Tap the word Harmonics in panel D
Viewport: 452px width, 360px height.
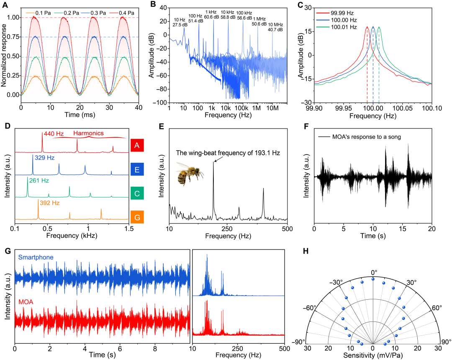point(88,134)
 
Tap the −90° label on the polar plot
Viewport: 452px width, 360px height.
point(300,342)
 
